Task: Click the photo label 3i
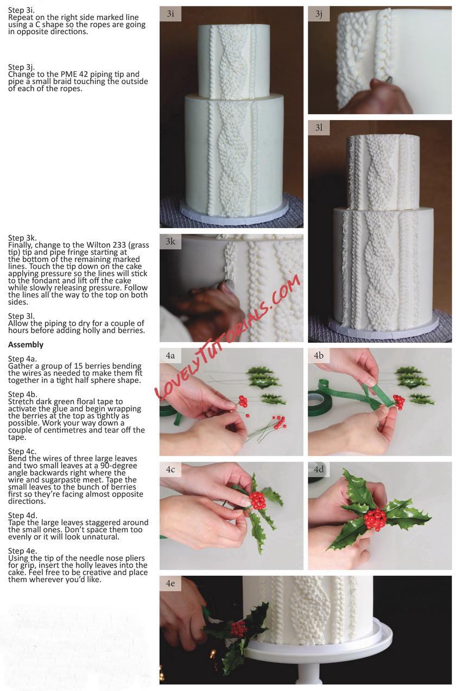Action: (x=170, y=14)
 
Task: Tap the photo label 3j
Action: (x=319, y=14)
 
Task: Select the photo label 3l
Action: (x=319, y=128)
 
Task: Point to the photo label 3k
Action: (x=170, y=241)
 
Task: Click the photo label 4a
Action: (x=170, y=355)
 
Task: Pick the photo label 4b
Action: (x=319, y=355)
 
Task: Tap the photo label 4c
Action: (x=170, y=469)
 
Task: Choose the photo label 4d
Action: (x=319, y=469)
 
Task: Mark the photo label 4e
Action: (x=170, y=583)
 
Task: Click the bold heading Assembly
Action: (x=26, y=344)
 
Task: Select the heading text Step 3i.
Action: (x=22, y=10)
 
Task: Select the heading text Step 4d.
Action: (x=22, y=515)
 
